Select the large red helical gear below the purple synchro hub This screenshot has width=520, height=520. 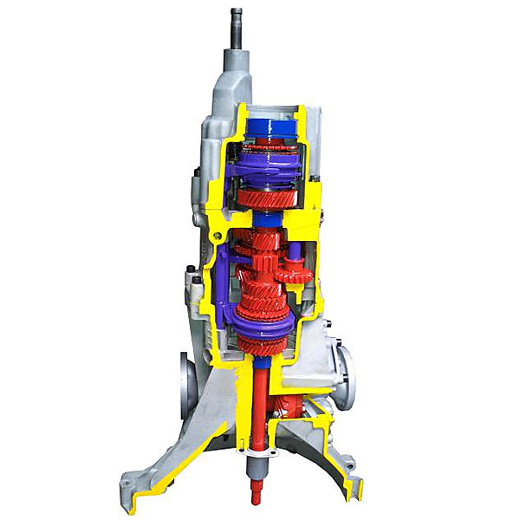(269, 198)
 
